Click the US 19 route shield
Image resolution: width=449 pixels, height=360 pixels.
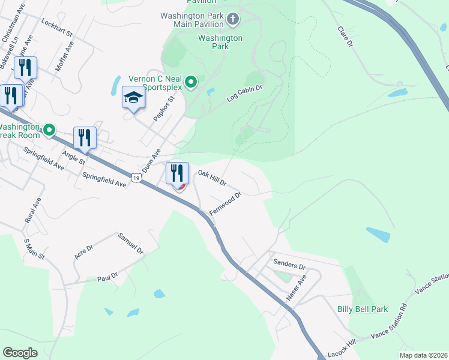point(137,178)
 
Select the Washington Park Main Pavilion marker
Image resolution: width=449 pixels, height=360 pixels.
point(234,20)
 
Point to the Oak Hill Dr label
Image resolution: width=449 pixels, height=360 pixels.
point(212,177)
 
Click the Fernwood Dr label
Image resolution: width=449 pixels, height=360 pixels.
point(225,204)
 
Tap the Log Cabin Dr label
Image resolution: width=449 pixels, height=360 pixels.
point(244,93)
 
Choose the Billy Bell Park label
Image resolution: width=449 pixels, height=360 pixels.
point(362,310)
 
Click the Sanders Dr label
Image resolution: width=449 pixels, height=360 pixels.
point(289,265)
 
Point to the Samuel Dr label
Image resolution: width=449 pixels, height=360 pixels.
point(130,242)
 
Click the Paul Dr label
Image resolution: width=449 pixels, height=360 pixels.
point(107,278)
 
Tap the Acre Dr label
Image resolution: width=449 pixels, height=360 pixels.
point(83,252)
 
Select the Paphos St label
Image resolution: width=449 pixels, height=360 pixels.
point(163,108)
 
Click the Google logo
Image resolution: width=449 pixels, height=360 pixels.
point(20,353)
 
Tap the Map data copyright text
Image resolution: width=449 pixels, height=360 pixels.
point(423,355)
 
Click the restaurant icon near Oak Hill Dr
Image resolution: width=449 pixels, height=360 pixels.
point(177,173)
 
